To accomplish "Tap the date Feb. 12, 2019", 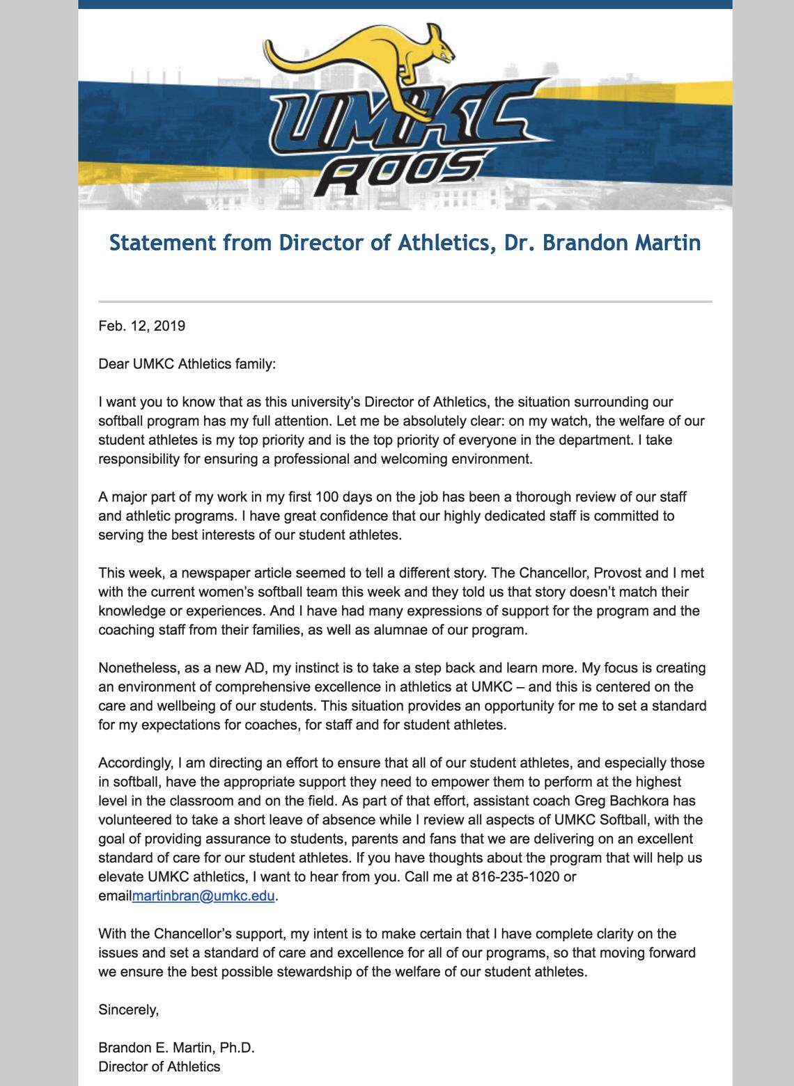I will click(141, 326).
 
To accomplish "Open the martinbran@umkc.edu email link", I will click(203, 896).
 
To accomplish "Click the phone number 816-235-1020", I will click(515, 876).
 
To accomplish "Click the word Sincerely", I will click(128, 1009).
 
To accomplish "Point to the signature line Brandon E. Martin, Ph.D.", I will click(176, 1048).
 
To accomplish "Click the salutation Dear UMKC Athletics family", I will click(187, 364).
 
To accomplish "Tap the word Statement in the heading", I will click(162, 243).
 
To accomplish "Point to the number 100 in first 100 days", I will click(327, 497).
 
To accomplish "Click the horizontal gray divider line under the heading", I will click(405, 301).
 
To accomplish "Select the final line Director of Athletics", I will click(159, 1067).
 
